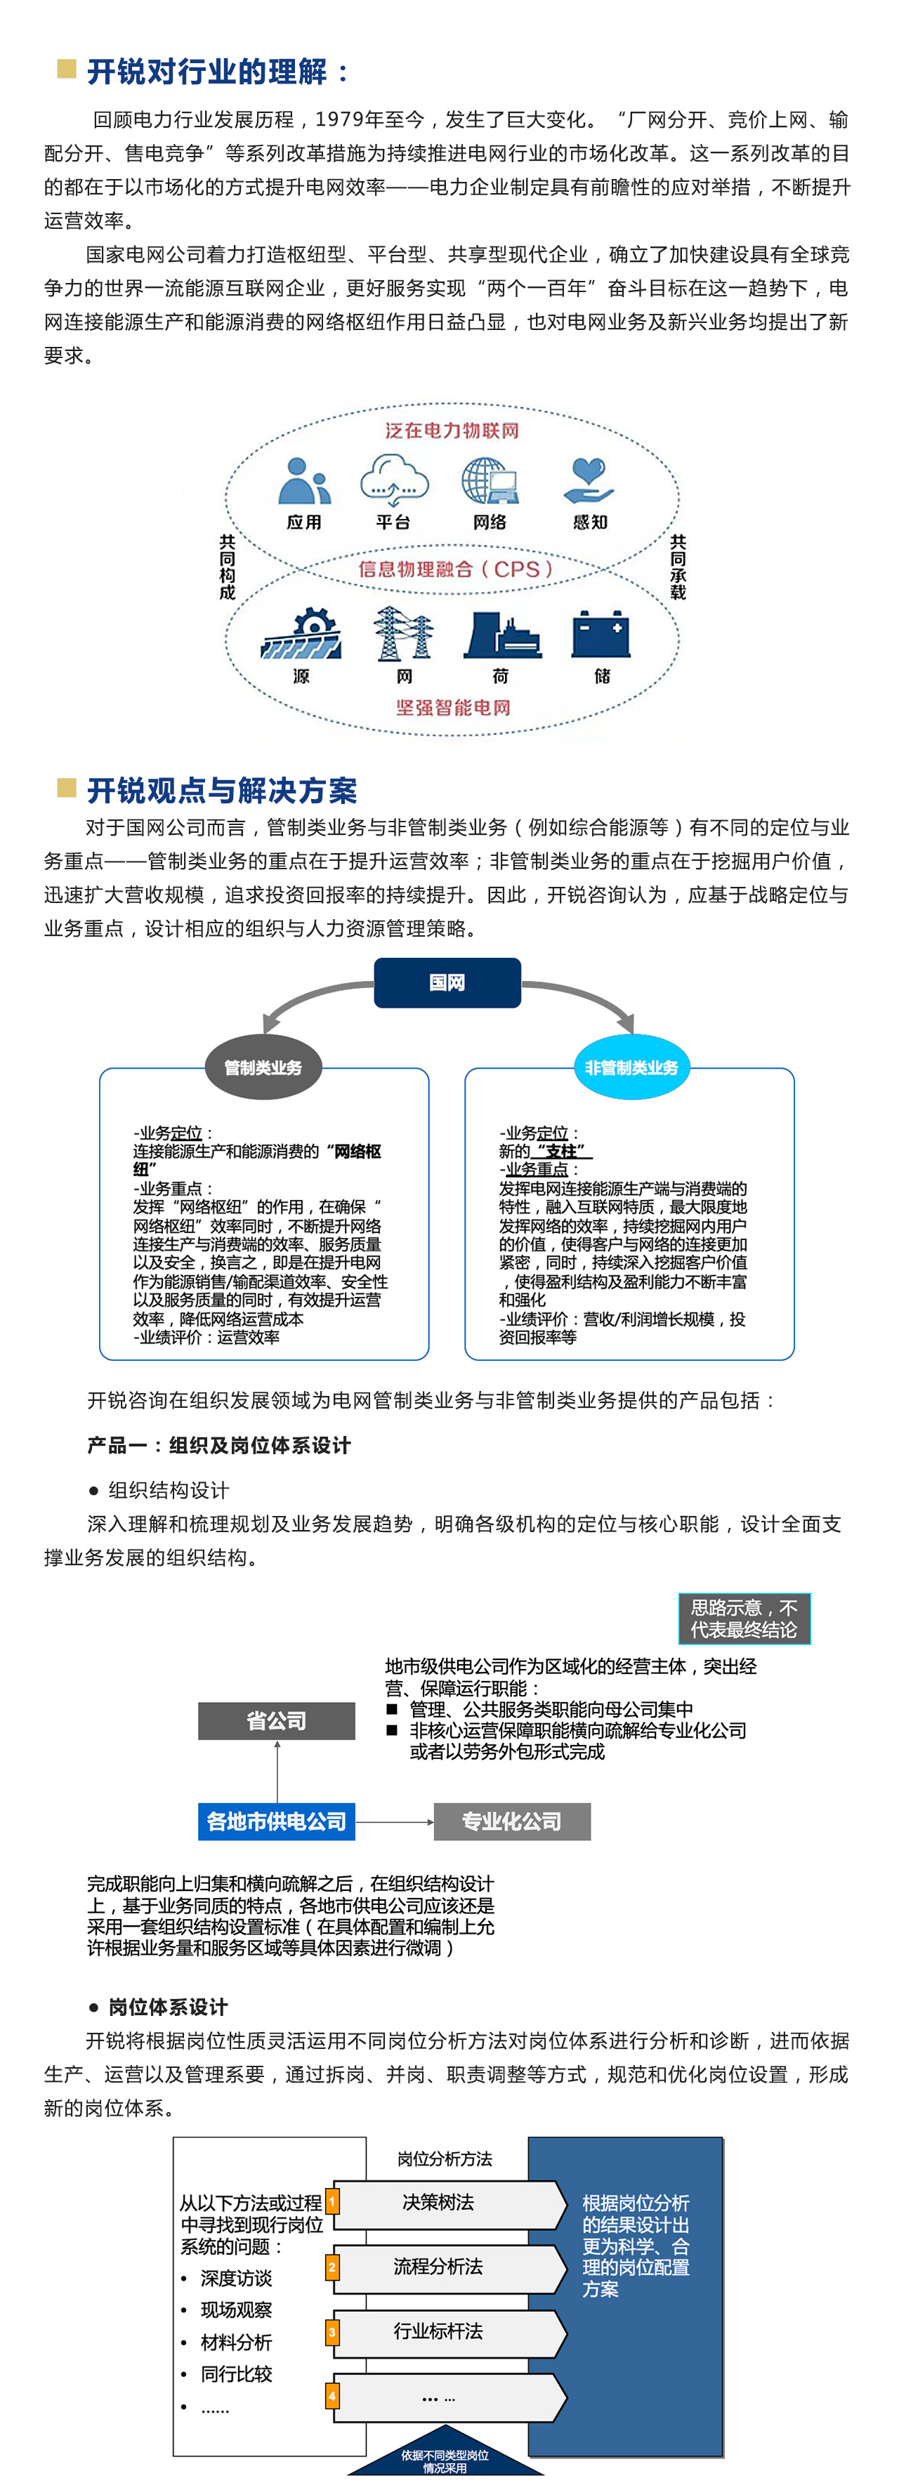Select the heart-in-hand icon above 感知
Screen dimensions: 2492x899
(589, 481)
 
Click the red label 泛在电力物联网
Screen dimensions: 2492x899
(452, 430)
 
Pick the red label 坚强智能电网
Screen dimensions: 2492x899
(453, 707)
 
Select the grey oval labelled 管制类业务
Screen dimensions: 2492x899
(263, 1067)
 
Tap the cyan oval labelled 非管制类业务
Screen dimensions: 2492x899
(631, 1067)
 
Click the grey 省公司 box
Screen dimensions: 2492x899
(277, 1721)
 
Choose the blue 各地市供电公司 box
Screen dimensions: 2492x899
(277, 1821)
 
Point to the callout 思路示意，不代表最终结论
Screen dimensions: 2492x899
(743, 1619)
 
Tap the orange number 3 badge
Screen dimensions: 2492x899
(332, 2331)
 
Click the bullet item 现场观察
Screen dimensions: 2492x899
(236, 2310)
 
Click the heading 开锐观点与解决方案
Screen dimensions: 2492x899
(222, 791)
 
